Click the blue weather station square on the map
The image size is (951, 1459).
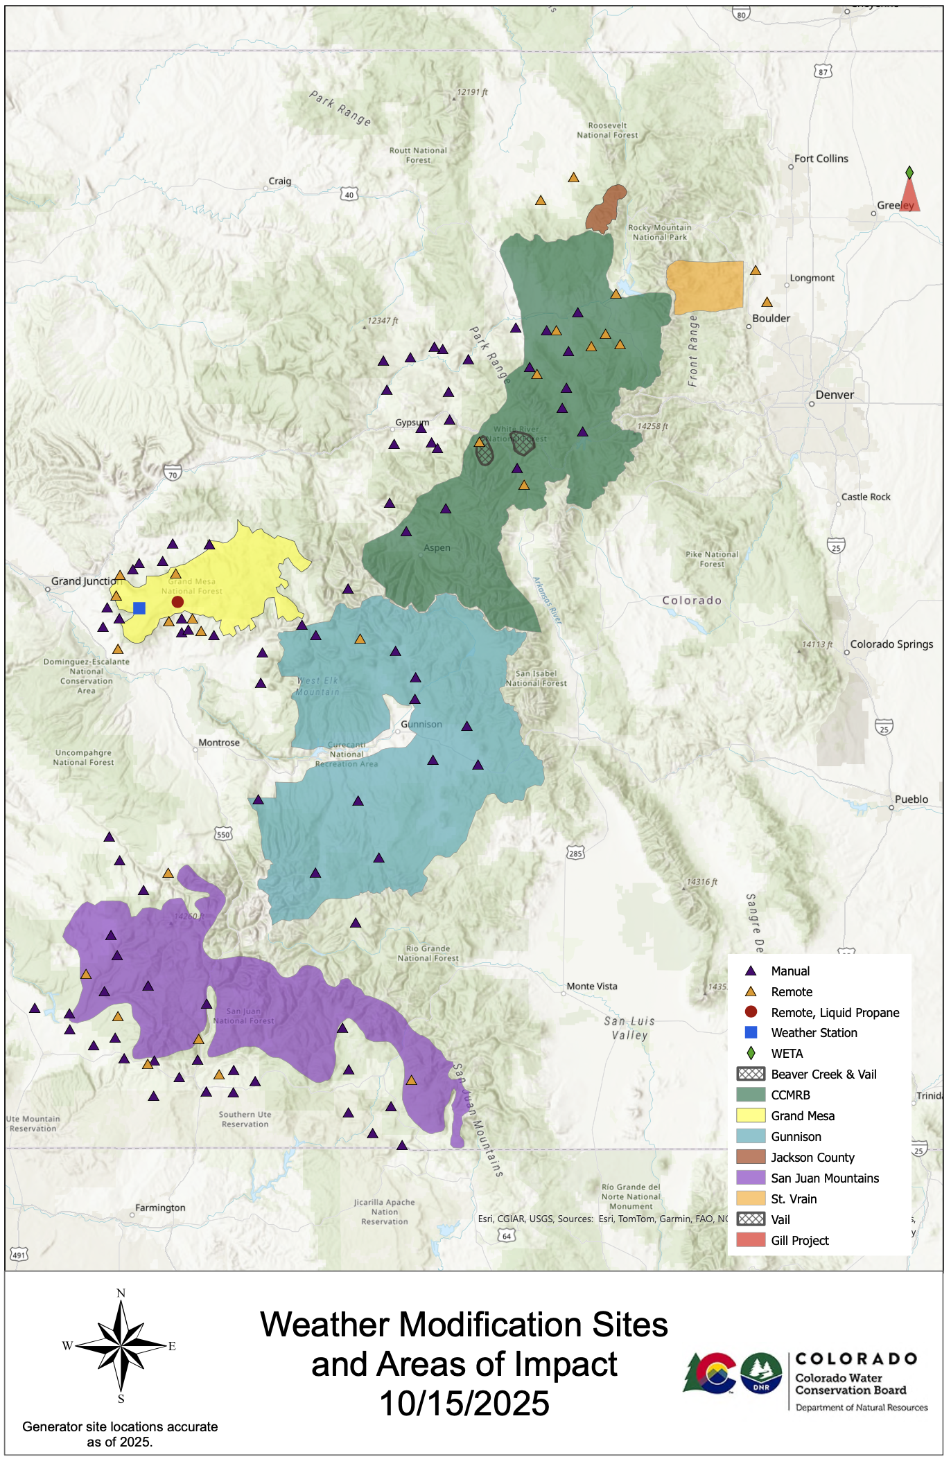pos(139,608)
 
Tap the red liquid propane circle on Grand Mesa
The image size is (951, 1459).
pos(177,602)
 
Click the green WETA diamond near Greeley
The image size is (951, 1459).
pos(909,172)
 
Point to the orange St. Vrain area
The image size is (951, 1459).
pos(704,286)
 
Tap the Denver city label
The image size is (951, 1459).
pos(835,395)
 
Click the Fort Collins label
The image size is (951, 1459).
pos(821,159)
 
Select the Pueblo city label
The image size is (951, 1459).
pos(911,799)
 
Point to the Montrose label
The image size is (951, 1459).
pos(219,743)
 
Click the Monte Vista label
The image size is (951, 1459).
pos(591,987)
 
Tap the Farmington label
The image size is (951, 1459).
pos(160,1208)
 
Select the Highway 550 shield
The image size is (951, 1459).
pos(223,834)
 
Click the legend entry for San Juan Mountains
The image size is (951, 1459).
pos(824,1178)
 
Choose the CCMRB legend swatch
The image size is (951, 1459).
pos(751,1095)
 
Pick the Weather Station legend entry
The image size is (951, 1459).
pos(814,1033)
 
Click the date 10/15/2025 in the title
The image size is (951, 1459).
pos(464,1404)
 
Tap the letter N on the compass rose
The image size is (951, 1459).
pos(121,1293)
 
